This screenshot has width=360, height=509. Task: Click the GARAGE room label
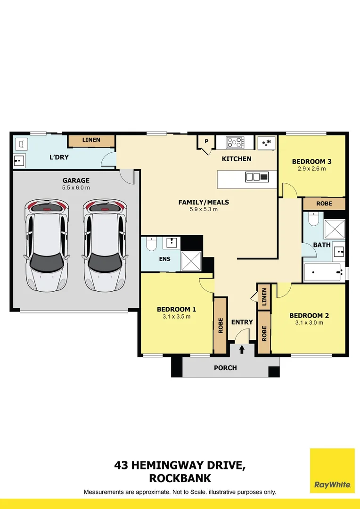pos(76,181)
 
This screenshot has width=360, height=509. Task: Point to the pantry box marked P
pos(206,141)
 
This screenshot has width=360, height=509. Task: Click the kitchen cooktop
pos(235,141)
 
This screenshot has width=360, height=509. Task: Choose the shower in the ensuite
pos(191,261)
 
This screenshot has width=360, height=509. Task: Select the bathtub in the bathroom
pos(324,272)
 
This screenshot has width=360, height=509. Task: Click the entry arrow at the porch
pos(242,349)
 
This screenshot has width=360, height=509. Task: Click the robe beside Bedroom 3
pos(324,204)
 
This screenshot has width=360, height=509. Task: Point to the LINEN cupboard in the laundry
pos(91,140)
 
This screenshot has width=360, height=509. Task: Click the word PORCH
pos(225,368)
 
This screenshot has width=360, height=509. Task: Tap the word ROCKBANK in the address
pos(180,478)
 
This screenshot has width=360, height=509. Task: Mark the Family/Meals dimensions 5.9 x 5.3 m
pos(204,209)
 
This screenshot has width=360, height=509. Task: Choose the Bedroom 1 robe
pos(220,325)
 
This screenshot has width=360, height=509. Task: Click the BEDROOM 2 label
pos(309,316)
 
